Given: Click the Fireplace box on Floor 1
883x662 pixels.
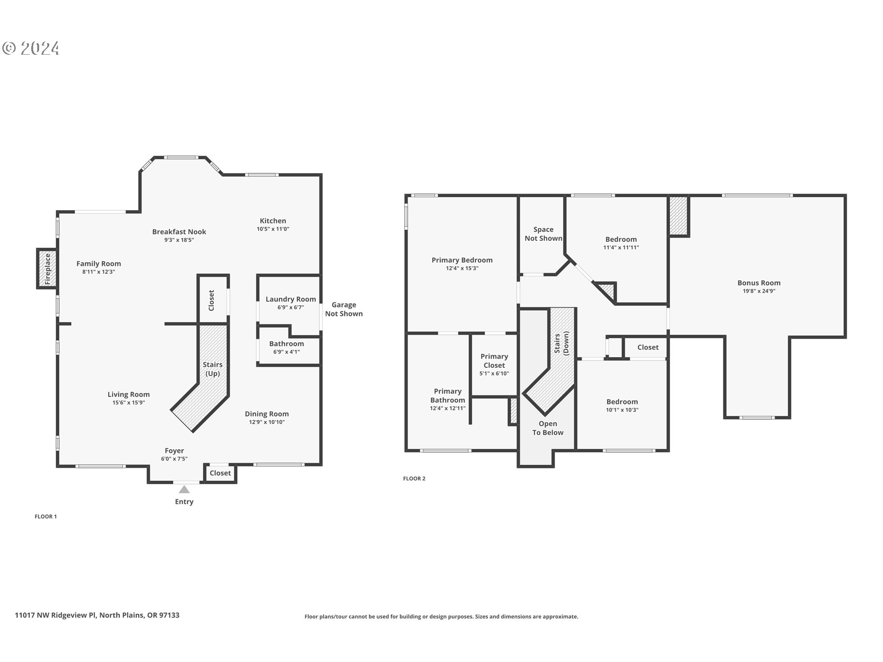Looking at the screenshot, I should [x=47, y=268].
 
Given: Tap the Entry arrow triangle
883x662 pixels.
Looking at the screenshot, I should [x=184, y=490].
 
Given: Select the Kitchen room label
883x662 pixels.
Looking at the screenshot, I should [x=273, y=221].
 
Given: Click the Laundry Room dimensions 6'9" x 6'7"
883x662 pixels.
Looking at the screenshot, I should [x=291, y=308].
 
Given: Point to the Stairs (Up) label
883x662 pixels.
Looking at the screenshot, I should [x=212, y=369].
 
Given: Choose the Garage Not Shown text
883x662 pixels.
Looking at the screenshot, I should [x=344, y=309].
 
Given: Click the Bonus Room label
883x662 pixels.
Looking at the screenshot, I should [x=759, y=283].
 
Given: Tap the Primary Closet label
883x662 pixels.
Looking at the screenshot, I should [x=494, y=361].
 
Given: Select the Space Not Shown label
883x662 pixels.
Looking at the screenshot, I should [x=543, y=234].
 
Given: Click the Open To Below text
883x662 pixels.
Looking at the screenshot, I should [x=548, y=428].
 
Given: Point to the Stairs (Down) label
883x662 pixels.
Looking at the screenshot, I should [x=562, y=343].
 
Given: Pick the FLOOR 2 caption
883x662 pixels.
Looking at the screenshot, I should [x=414, y=479].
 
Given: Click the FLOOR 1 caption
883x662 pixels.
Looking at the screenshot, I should [x=46, y=516].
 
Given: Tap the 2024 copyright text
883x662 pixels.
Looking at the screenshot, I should [x=31, y=48].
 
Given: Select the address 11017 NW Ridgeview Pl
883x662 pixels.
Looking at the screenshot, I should [x=97, y=615].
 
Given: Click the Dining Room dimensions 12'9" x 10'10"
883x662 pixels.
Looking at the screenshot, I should [x=267, y=422].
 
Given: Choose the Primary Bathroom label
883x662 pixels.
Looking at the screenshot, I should [x=447, y=395].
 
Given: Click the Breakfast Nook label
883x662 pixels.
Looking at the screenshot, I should [x=179, y=232].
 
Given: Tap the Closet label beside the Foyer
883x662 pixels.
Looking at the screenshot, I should [x=220, y=473].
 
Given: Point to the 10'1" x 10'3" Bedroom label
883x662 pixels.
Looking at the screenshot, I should [x=622, y=402].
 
